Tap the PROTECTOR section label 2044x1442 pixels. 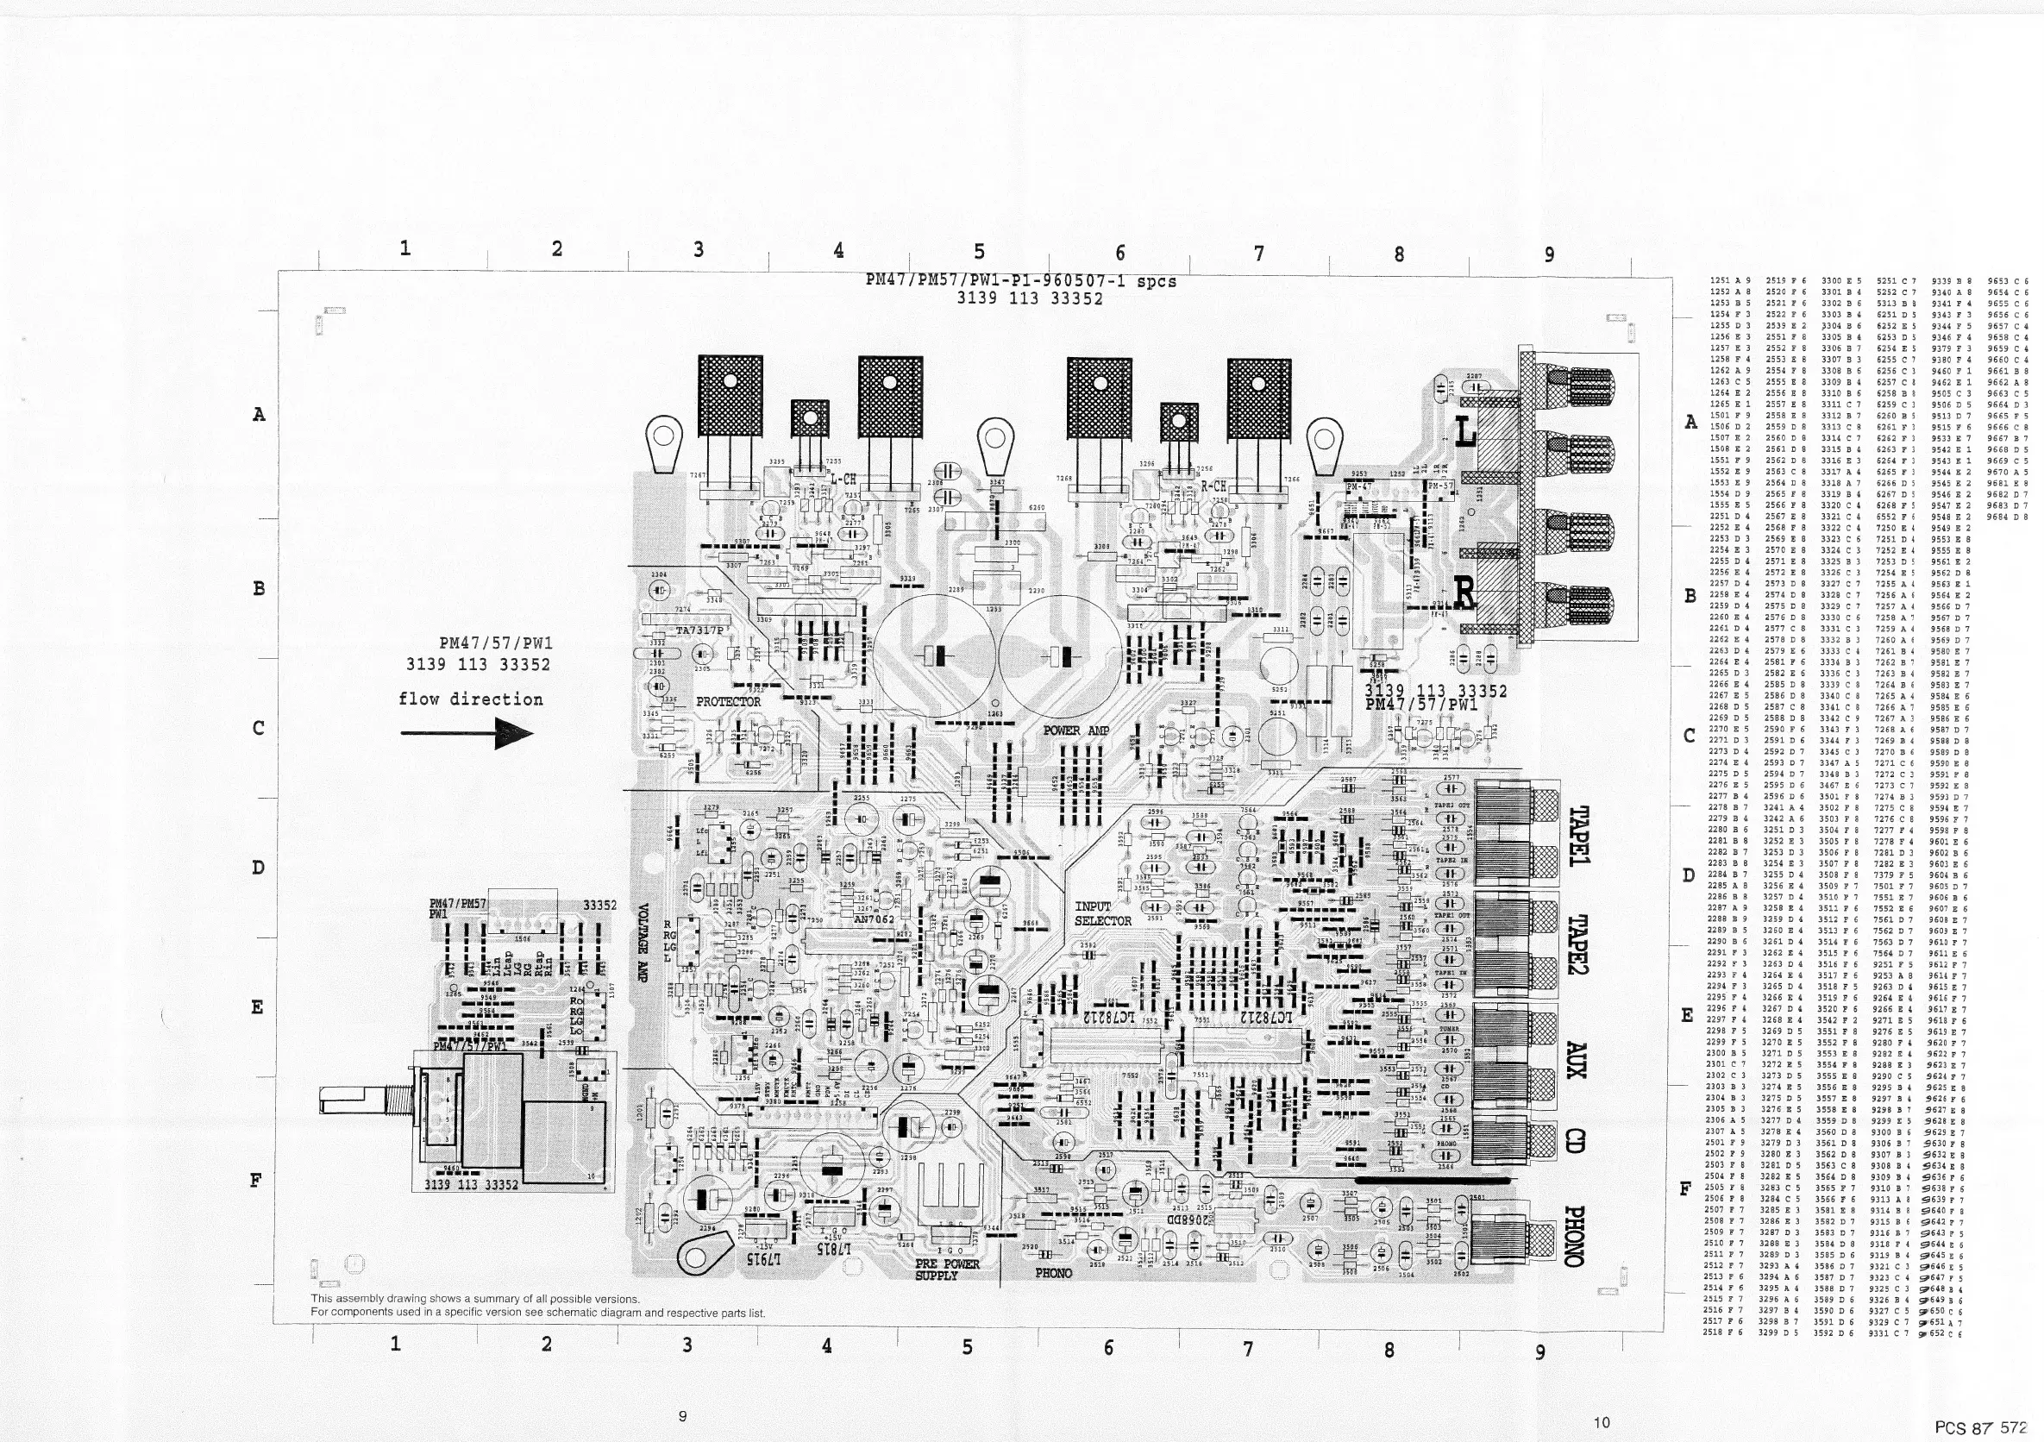pyautogui.click(x=728, y=701)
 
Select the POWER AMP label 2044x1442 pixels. pyautogui.click(x=1076, y=730)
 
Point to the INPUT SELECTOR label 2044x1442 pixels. pyautogui.click(x=1102, y=914)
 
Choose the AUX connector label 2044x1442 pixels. pyautogui.click(x=1577, y=1060)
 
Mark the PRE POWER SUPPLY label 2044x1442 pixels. pyautogui.click(x=947, y=1270)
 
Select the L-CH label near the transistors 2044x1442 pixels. pyautogui.click(x=842, y=480)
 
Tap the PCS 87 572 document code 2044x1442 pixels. pyautogui.click(x=1984, y=1427)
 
